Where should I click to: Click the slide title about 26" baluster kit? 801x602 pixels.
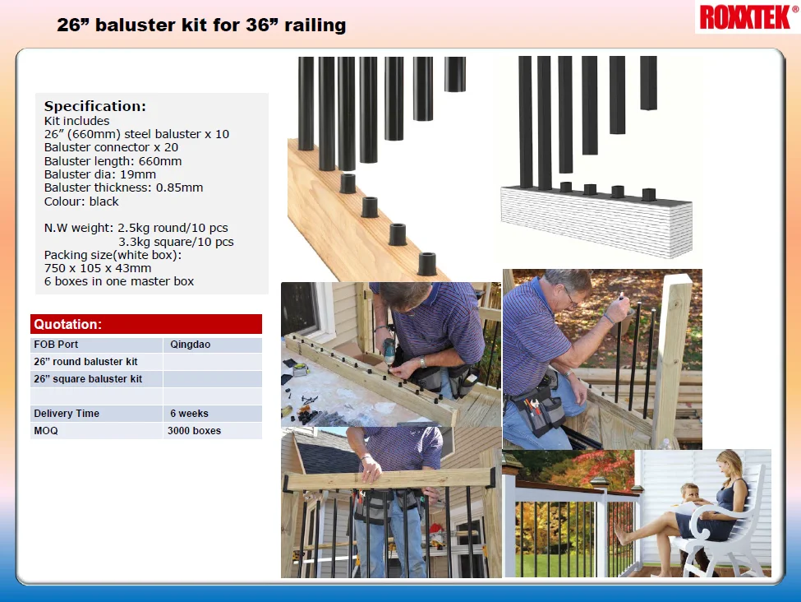click(201, 25)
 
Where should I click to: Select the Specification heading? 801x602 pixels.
click(94, 106)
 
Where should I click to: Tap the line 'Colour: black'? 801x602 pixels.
click(81, 201)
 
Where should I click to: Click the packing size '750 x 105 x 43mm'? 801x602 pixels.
click(98, 267)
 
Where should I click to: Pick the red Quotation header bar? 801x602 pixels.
click(146, 324)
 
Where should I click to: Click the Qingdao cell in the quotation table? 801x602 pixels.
click(190, 345)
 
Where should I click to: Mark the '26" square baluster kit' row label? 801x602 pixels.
click(88, 379)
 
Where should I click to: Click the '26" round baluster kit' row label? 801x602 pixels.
click(85, 362)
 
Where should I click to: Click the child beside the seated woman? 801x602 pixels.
click(689, 498)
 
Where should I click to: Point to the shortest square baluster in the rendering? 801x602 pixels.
click(648, 82)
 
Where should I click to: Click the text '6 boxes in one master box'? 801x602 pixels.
click(119, 281)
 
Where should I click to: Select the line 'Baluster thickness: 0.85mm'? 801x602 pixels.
click(123, 188)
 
